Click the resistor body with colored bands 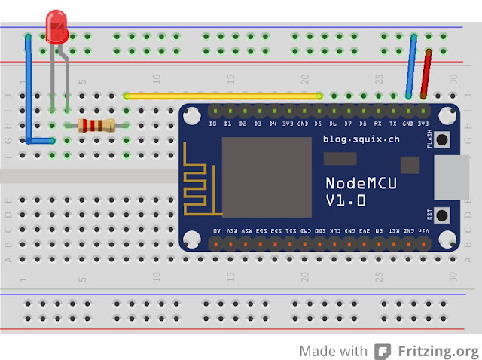pyautogui.click(x=96, y=126)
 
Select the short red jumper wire pyautogui.click(x=426, y=73)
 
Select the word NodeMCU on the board pyautogui.click(x=361, y=183)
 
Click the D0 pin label pyautogui.click(x=213, y=123)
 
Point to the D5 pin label pyautogui.click(x=319, y=123)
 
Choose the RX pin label pyautogui.click(x=378, y=123)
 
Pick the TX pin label pyautogui.click(x=393, y=123)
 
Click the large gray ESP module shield pyautogui.click(x=266, y=178)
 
